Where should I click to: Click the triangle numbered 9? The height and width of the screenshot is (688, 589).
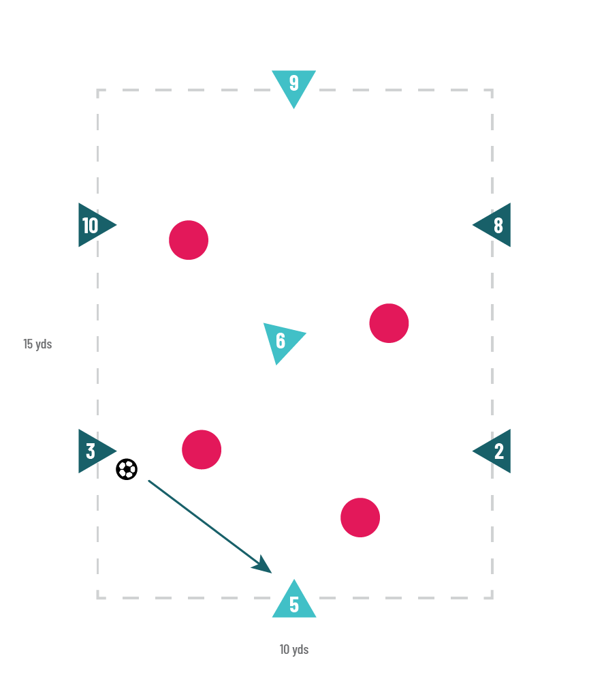(x=293, y=85)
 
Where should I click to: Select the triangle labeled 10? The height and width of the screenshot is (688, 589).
(x=93, y=225)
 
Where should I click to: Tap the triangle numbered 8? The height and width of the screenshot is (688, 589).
(x=495, y=225)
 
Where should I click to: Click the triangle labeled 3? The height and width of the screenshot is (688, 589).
(x=93, y=451)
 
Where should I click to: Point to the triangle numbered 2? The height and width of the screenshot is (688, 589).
(x=495, y=451)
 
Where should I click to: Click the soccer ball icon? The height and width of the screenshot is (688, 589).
(x=127, y=469)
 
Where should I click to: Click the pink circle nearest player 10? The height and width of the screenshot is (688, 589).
(x=189, y=240)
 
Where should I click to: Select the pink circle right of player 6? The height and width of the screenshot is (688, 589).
(x=389, y=323)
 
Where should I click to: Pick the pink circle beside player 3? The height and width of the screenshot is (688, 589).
(x=202, y=449)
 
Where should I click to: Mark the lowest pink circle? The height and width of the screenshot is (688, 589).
(x=360, y=518)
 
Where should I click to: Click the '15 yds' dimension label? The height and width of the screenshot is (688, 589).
(x=37, y=344)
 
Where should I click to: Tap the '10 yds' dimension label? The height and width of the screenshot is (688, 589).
(x=294, y=649)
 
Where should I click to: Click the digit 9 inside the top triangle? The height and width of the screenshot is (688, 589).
(x=293, y=83)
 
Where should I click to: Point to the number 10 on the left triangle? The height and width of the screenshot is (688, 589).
(x=90, y=225)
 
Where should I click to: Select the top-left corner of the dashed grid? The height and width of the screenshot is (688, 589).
(x=98, y=90)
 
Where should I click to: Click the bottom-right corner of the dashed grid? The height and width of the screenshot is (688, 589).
(x=492, y=598)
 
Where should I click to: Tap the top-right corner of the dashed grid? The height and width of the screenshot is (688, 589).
(x=492, y=90)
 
